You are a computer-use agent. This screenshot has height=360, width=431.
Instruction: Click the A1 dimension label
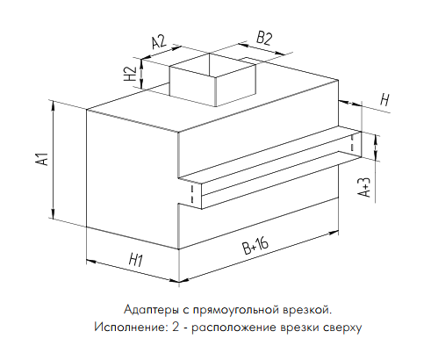[x=42, y=158]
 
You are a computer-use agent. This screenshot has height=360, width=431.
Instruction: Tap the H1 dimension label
[x=136, y=260]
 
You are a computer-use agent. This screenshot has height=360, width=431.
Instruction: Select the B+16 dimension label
[x=255, y=246]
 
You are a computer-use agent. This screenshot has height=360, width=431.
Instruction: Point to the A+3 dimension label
[x=364, y=187]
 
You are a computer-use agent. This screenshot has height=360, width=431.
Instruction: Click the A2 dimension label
[x=159, y=41]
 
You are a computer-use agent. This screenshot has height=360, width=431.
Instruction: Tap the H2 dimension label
[x=131, y=74]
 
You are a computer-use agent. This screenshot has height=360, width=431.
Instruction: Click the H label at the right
[x=385, y=100]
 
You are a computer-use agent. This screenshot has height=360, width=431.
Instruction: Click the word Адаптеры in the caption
[x=150, y=309]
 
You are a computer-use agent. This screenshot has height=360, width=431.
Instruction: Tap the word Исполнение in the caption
[x=129, y=327]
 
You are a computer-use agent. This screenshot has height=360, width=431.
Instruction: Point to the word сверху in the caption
[x=342, y=328]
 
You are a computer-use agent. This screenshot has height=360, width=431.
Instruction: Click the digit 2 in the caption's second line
[x=176, y=327]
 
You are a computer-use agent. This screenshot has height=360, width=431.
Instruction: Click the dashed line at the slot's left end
[x=192, y=194]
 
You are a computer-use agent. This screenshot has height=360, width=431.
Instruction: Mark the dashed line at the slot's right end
[x=352, y=142]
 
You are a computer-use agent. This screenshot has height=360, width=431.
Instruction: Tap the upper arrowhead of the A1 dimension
[x=53, y=105]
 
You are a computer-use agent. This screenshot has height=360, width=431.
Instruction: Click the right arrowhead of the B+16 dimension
[x=333, y=233]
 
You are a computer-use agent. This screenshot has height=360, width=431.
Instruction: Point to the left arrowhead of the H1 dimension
[x=91, y=261]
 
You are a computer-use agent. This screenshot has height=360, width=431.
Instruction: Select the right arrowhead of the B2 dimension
[x=280, y=54]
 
